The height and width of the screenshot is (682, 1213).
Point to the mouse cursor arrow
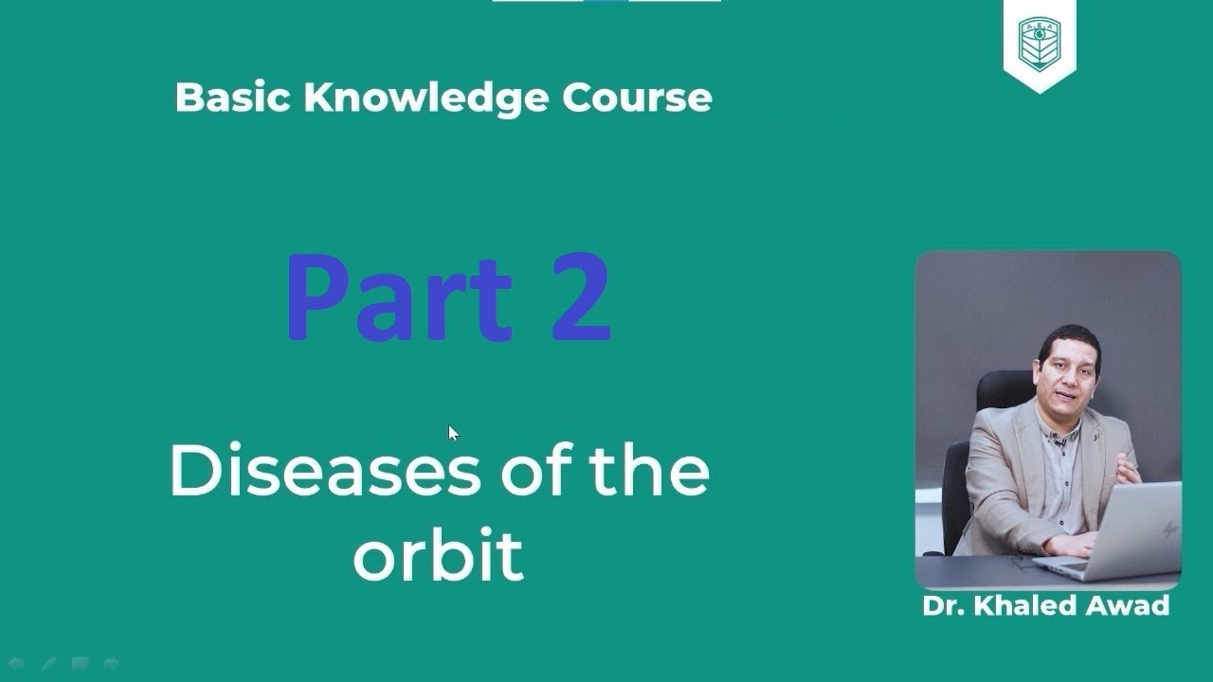(453, 433)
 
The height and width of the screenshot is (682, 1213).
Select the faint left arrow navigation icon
(16, 664)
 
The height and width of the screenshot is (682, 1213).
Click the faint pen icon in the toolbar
(47, 664)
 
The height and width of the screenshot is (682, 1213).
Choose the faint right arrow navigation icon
(111, 664)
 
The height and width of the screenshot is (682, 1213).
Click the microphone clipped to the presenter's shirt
(1060, 441)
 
